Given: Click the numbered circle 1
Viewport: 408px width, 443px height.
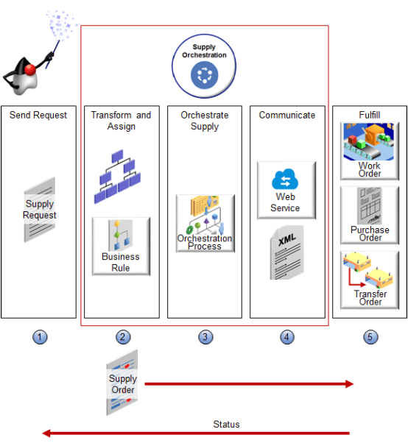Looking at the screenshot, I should (x=41, y=337).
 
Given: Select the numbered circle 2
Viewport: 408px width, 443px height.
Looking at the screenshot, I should (x=123, y=337).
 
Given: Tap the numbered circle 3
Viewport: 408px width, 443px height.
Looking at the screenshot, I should (x=205, y=337).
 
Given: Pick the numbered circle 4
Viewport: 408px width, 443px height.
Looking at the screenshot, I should (x=287, y=337).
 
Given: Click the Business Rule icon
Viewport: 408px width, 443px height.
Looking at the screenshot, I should (x=121, y=246).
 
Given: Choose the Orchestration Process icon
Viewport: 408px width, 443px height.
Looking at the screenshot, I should (x=205, y=224).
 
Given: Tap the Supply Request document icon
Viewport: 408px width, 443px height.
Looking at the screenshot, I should (x=40, y=210).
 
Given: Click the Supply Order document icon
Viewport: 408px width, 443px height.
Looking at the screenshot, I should (x=123, y=383).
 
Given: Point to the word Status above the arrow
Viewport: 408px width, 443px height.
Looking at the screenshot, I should (x=226, y=425).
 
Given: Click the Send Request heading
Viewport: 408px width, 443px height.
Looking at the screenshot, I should (x=38, y=115).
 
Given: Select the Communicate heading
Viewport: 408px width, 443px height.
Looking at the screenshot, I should (x=287, y=115).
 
